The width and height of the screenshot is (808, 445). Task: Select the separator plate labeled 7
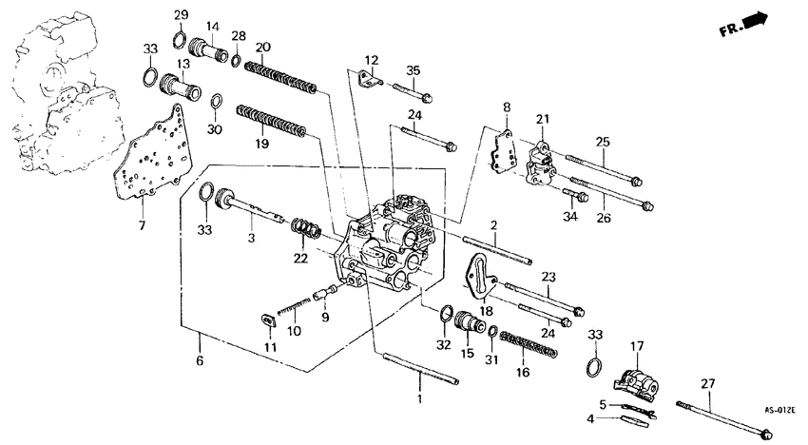pyautogui.click(x=148, y=157)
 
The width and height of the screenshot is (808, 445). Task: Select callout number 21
pyautogui.click(x=543, y=118)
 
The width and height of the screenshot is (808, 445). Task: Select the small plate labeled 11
pyautogui.click(x=266, y=320)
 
